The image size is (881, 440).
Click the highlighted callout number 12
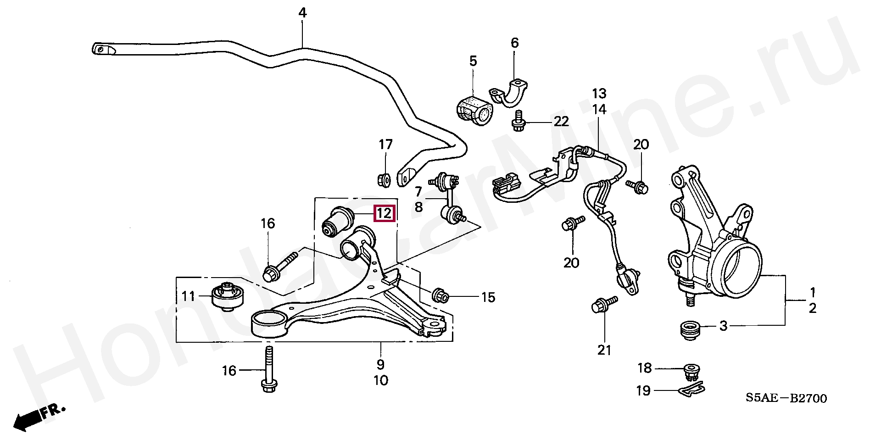click(385, 213)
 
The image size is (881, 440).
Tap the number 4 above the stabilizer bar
click(302, 13)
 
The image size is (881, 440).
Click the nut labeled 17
click(384, 179)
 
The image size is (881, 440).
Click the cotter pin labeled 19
click(691, 389)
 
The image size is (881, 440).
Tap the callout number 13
click(599, 94)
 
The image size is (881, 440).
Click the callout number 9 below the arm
click(380, 365)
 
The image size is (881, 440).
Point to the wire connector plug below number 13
click(508, 187)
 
